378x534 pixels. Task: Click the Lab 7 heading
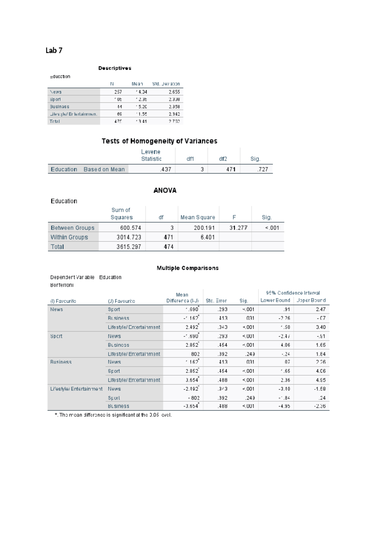tap(54, 50)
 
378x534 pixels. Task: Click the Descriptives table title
tap(115, 68)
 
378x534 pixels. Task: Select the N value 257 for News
tap(118, 92)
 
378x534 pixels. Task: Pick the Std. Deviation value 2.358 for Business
tap(174, 107)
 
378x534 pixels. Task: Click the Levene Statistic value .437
tap(165, 169)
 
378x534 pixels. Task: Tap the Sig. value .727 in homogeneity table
tap(262, 169)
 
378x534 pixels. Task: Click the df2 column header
tap(223, 159)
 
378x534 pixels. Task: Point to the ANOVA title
tap(165, 190)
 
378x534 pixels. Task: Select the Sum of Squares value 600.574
tap(130, 228)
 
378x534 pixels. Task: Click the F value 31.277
tap(238, 228)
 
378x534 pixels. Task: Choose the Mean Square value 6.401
tap(207, 237)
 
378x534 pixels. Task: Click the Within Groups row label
tap(69, 237)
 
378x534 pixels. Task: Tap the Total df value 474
tap(168, 247)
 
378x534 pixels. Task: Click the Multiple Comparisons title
tap(187, 268)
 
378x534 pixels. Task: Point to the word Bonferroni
tap(62, 285)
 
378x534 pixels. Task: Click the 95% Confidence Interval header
tap(293, 293)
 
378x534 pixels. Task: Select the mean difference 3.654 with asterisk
tap(192, 380)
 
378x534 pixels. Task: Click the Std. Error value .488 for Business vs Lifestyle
tap(222, 380)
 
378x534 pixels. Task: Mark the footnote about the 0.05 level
tap(113, 415)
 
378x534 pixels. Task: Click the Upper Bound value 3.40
tap(320, 327)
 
